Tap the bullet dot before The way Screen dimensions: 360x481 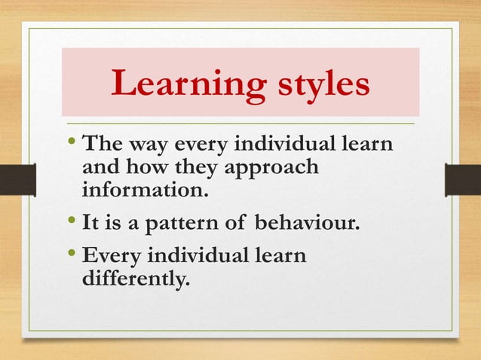pyautogui.click(x=72, y=142)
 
